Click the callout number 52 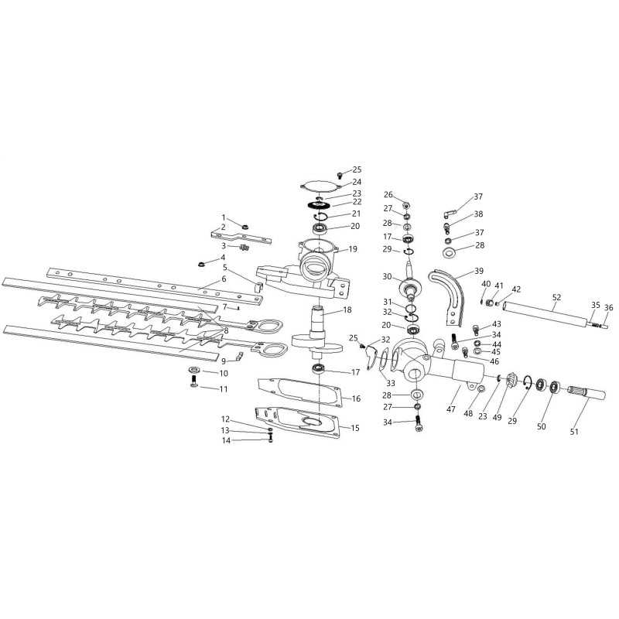click(x=556, y=296)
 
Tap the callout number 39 click(x=478, y=272)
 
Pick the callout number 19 click(x=353, y=249)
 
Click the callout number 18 click(x=347, y=309)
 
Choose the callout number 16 click(x=356, y=398)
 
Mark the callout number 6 click(x=224, y=279)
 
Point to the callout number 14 click(x=226, y=440)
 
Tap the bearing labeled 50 click(x=555, y=385)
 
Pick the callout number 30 click(x=387, y=276)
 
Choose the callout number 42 click(x=516, y=289)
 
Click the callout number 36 click(x=608, y=307)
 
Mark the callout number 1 click(x=224, y=217)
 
